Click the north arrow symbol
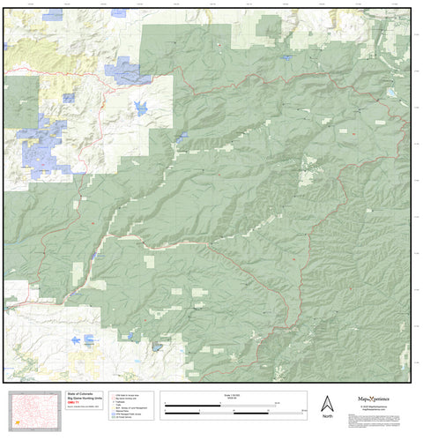[327, 401]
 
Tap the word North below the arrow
[327, 416]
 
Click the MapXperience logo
[378, 399]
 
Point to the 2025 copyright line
[378, 407]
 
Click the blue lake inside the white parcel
[139, 108]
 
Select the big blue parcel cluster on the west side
[44, 145]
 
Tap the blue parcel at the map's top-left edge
[53, 15]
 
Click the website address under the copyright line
[378, 412]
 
